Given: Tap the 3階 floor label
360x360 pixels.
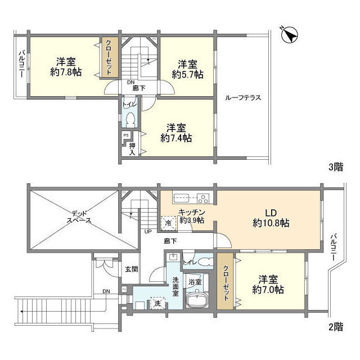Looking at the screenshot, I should click(x=335, y=166).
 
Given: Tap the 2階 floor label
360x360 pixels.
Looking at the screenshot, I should click(x=335, y=326).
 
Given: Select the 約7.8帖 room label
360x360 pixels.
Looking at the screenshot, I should click(x=65, y=67).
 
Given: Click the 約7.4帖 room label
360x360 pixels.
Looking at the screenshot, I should click(x=175, y=133).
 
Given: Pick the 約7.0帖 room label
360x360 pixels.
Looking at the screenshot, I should click(x=268, y=285).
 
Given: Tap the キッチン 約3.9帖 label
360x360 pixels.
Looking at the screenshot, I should click(x=192, y=215).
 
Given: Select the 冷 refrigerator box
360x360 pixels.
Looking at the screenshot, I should click(x=168, y=223).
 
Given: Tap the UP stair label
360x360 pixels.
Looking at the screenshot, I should click(x=148, y=231).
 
